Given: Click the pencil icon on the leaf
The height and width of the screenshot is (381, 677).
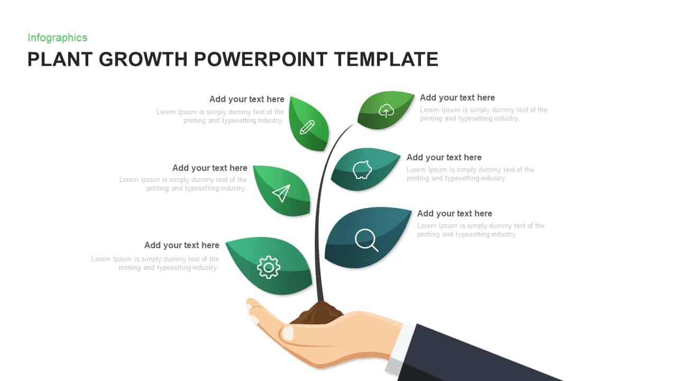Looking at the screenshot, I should point(307,127).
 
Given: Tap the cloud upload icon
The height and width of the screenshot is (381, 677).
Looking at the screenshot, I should point(387,111).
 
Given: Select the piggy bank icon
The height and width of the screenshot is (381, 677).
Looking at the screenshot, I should point(362,170).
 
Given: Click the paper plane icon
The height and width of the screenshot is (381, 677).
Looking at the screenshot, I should point(281,193).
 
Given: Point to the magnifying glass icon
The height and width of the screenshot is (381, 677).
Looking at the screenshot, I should point(366,240).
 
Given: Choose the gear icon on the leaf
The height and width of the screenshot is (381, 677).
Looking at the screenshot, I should point(268,267).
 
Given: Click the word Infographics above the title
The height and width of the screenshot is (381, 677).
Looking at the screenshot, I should point(57,38).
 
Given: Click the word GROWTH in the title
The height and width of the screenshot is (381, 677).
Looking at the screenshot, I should point(143,59).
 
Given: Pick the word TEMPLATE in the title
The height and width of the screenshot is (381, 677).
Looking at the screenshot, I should point(386,59).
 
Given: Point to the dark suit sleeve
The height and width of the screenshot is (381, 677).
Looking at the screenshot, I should point(476,355).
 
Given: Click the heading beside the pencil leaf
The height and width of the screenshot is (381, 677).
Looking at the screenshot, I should point(246,99).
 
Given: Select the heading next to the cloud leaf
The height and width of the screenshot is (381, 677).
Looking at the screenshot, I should point(458,97).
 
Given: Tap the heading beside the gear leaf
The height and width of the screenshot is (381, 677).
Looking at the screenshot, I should point(181,245).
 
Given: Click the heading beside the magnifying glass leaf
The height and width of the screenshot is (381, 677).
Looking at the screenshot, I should point(455,213).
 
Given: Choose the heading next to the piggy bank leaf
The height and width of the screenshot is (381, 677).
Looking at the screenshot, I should point(444,157).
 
